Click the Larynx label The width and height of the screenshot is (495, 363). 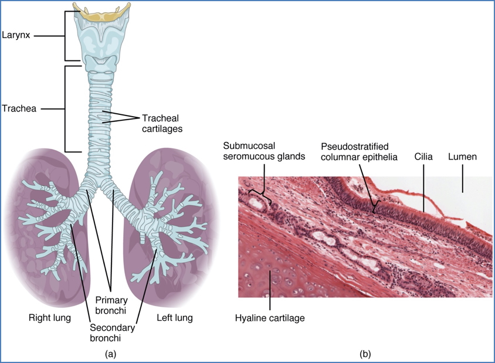click(x=16, y=36)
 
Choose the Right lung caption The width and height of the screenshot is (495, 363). click(x=50, y=318)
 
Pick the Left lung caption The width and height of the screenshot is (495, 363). click(x=174, y=318)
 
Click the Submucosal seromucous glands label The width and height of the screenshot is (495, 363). click(x=256, y=151)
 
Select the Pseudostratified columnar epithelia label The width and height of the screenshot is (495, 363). click(x=359, y=151)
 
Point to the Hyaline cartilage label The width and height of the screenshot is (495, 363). click(x=270, y=318)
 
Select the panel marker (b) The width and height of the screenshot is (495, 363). click(x=365, y=354)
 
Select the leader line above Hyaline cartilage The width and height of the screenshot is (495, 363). click(x=270, y=293)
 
